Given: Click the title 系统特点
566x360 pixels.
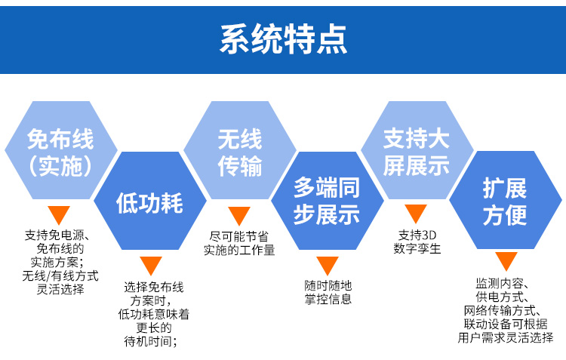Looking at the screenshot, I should [283, 38].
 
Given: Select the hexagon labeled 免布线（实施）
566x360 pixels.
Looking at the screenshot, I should [60, 152].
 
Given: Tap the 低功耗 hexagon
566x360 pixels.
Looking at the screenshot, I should [149, 202].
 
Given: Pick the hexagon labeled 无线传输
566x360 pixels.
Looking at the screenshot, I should [239, 152].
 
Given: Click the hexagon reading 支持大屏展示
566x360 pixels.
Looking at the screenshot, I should [416, 152].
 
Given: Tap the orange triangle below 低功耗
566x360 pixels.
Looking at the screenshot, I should [151, 266].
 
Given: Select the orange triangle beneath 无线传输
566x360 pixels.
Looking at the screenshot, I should [239, 216].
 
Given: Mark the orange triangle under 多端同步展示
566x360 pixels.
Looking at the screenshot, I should [328, 266].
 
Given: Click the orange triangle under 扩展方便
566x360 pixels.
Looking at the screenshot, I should [506, 261].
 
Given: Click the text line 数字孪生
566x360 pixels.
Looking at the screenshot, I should [417, 248].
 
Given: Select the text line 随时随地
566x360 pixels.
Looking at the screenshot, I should [328, 285].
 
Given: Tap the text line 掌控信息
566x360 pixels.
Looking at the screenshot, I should [328, 300].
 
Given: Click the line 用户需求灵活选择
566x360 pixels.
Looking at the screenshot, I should [505, 337].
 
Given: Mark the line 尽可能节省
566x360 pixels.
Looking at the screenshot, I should [239, 235].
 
